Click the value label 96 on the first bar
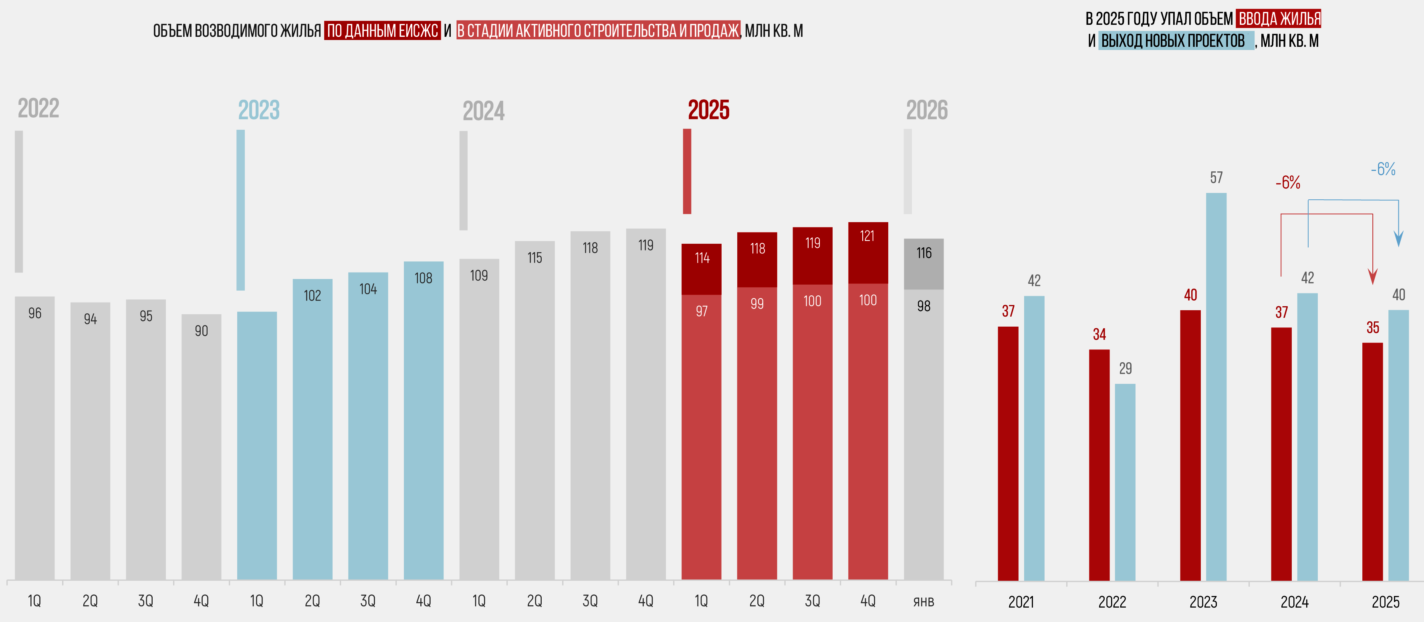(35, 313)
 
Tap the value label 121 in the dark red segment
(867, 237)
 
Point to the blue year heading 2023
(259, 110)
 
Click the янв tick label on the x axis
(923, 601)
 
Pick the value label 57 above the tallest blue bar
(1216, 178)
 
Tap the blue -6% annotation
(1383, 169)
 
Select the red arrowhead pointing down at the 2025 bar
(1373, 276)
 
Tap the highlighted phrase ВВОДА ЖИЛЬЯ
(1279, 19)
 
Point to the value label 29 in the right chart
(1125, 369)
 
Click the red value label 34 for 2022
(1099, 334)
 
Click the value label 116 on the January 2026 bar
(924, 253)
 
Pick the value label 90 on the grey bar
(201, 331)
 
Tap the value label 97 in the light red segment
(702, 311)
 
